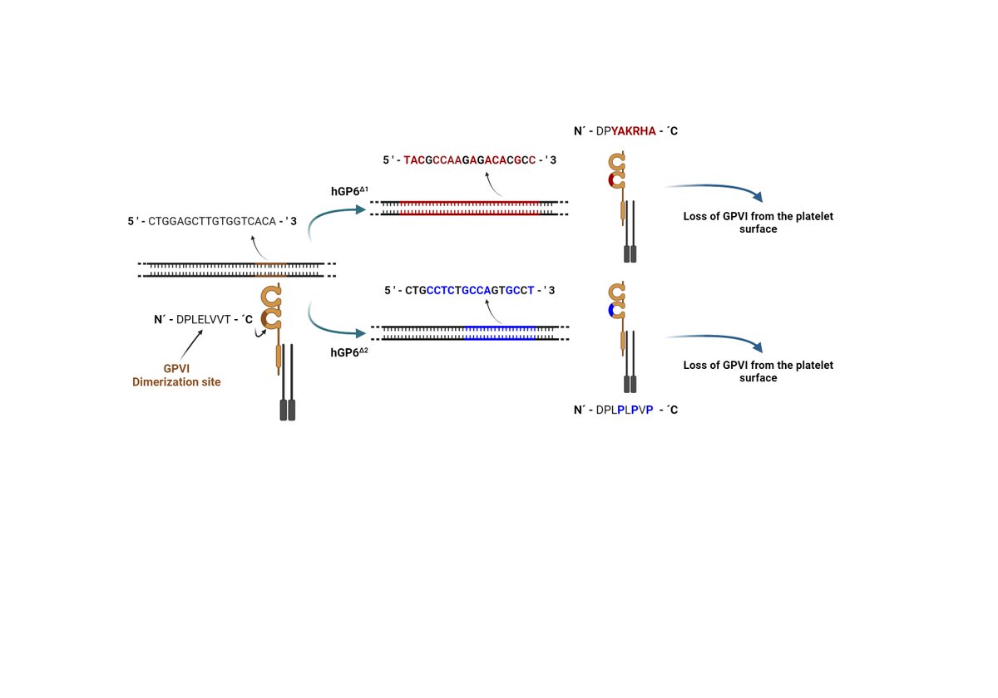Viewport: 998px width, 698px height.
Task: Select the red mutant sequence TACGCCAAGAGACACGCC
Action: [470, 160]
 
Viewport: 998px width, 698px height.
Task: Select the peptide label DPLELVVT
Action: [204, 318]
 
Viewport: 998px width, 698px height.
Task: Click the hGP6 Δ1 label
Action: [349, 191]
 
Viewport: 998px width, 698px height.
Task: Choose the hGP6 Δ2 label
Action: [349, 352]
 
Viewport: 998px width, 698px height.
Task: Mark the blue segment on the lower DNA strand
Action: [499, 333]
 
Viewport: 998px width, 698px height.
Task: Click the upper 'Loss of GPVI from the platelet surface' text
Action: [757, 222]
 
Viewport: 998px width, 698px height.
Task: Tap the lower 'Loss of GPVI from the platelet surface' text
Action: [757, 371]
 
